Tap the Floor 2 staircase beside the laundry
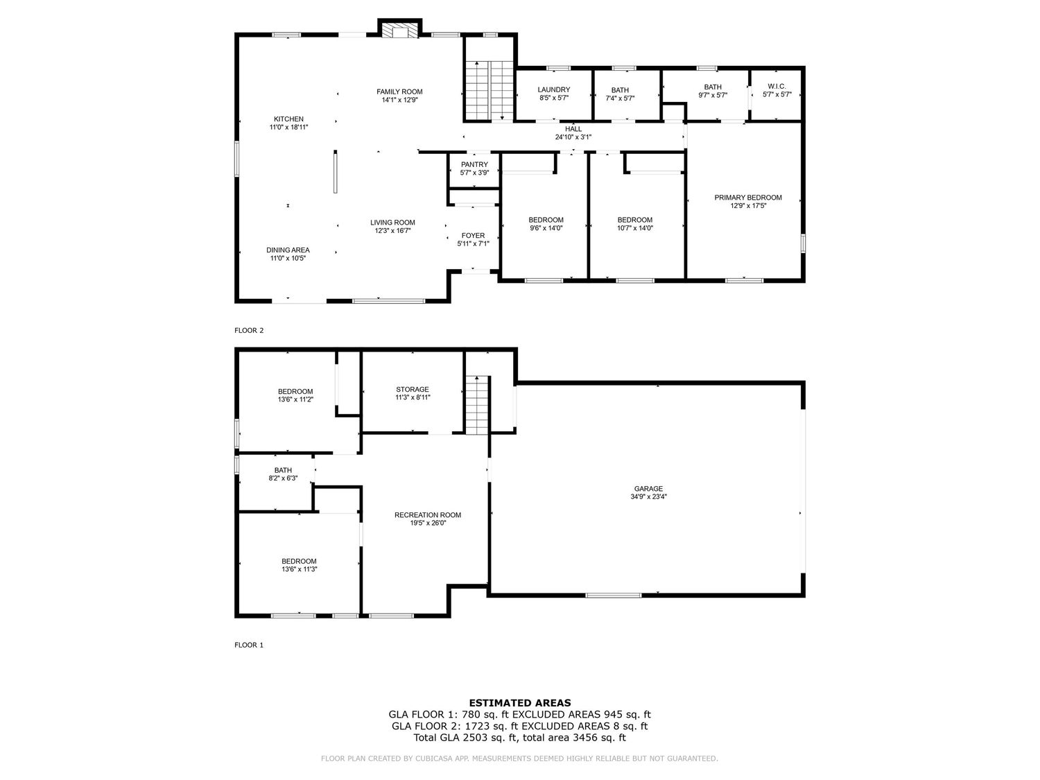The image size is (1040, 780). coord(488,90)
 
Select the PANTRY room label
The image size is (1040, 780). coord(474,164)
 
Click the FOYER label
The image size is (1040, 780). coord(473,235)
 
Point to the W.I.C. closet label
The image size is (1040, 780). coord(776,86)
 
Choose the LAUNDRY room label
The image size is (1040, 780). coord(553,89)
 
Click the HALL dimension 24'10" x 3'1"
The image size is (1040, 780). coord(573,137)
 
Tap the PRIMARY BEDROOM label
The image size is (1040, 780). coord(747,198)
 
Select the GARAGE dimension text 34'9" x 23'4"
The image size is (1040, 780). coord(648,497)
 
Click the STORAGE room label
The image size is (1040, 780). coord(413,389)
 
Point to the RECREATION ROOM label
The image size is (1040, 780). coord(427,514)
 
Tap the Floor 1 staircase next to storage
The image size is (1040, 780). coord(476,406)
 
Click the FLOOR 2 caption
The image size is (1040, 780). coord(249,331)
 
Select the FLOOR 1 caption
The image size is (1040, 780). coord(249,645)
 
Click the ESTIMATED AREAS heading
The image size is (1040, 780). coord(520,703)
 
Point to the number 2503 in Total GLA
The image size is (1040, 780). coord(476,738)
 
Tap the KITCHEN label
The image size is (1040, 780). coord(288,119)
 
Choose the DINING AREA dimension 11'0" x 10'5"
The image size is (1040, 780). coord(288,258)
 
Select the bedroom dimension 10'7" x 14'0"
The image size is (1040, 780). coord(635,228)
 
